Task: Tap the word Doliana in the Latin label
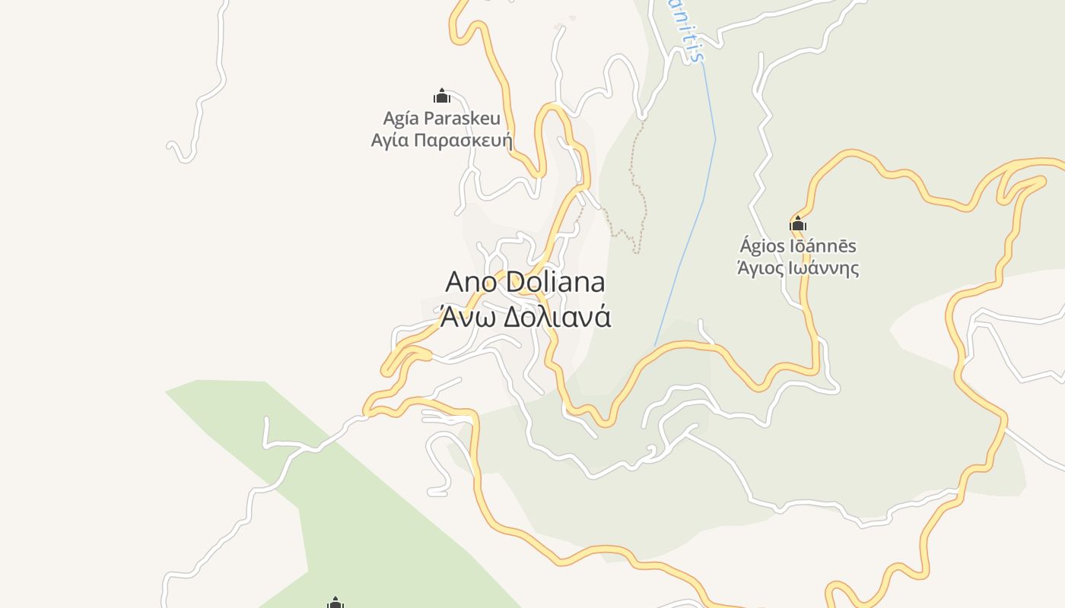[x=555, y=282]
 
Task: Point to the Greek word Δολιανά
[x=558, y=316]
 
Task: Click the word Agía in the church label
[x=401, y=119]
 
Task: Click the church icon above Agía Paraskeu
[x=442, y=96]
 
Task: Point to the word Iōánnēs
[x=826, y=246]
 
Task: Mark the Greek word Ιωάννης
[x=826, y=268]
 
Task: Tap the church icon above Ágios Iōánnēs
[x=798, y=223]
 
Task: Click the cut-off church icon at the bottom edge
[x=335, y=603]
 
